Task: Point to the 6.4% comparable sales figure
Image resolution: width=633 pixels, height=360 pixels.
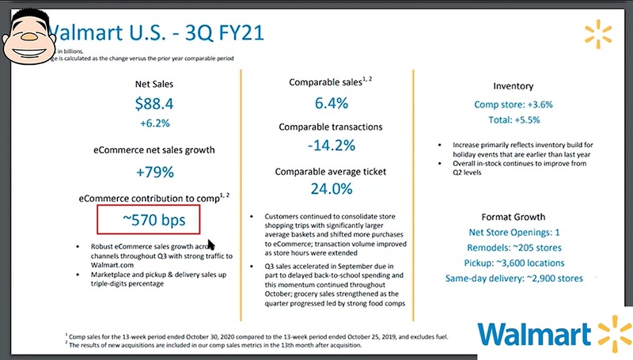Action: click(331, 103)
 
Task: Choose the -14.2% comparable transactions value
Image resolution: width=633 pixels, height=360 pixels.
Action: click(331, 147)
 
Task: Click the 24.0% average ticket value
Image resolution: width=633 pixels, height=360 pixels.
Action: click(331, 190)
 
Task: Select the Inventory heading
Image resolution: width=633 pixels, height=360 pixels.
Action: click(513, 85)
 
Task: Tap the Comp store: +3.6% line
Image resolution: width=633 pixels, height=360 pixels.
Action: click(513, 104)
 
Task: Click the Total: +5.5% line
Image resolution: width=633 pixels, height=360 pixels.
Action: click(513, 121)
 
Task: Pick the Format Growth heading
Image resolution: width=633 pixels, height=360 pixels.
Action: click(513, 217)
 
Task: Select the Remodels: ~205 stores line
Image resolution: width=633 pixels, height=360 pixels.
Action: click(513, 248)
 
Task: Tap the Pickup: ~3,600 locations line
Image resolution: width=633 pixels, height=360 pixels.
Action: click(513, 263)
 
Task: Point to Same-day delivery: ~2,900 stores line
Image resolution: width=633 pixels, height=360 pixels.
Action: click(513, 278)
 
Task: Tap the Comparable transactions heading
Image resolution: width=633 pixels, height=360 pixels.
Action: click(331, 127)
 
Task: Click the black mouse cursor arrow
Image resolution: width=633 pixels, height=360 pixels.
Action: click(210, 245)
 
